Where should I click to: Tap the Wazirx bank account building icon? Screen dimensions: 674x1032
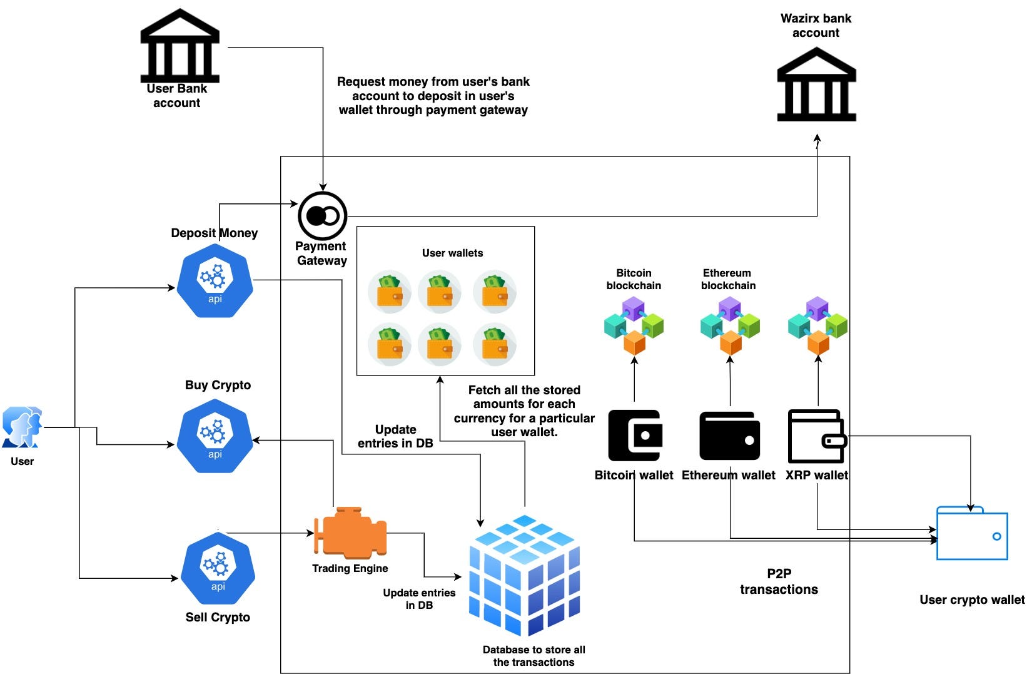816,84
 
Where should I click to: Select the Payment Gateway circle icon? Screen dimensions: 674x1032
322,216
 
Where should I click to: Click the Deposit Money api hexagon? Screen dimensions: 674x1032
215,281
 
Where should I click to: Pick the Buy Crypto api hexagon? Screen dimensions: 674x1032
215,436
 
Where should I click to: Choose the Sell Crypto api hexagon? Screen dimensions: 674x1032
217,568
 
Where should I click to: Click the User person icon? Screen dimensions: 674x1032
22,427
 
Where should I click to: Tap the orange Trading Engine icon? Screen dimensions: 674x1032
350,533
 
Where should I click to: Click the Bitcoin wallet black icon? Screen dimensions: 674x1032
634,436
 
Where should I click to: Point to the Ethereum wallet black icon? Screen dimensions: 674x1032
729,436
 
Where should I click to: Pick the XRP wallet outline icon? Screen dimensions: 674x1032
817,436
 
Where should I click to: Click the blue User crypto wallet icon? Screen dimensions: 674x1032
971,534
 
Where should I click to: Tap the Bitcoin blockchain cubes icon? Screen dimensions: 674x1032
634,326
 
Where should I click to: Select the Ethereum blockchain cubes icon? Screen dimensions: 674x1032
729,326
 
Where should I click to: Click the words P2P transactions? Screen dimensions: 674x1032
779,581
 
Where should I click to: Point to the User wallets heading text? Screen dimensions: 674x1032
452,253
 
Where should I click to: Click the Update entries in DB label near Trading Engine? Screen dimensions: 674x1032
419,599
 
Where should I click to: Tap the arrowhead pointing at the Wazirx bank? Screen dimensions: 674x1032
817,138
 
